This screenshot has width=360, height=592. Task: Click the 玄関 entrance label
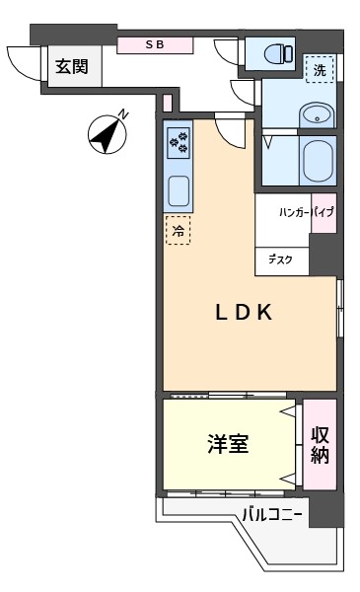click(x=72, y=66)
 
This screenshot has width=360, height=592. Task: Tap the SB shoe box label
click(x=155, y=45)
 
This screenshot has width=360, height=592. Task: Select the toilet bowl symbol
click(x=278, y=53)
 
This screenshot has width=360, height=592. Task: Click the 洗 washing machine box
click(x=320, y=69)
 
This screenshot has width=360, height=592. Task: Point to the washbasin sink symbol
click(x=317, y=114)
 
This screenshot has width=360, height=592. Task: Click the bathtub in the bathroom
click(x=319, y=161)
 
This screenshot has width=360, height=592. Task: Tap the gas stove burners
click(x=179, y=143)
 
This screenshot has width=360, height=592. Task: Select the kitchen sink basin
click(x=179, y=191)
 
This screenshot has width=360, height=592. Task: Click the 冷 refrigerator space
click(x=179, y=230)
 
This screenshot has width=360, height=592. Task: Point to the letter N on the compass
click(x=123, y=114)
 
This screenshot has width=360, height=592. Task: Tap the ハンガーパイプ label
click(x=307, y=212)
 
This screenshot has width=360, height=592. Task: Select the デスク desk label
click(x=280, y=259)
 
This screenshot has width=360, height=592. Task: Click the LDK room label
click(x=244, y=313)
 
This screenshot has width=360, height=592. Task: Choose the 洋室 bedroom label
click(x=228, y=444)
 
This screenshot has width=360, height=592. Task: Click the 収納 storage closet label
click(x=320, y=445)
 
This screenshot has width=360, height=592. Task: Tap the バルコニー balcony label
click(x=271, y=515)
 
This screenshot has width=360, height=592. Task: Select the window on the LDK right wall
click(x=340, y=308)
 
